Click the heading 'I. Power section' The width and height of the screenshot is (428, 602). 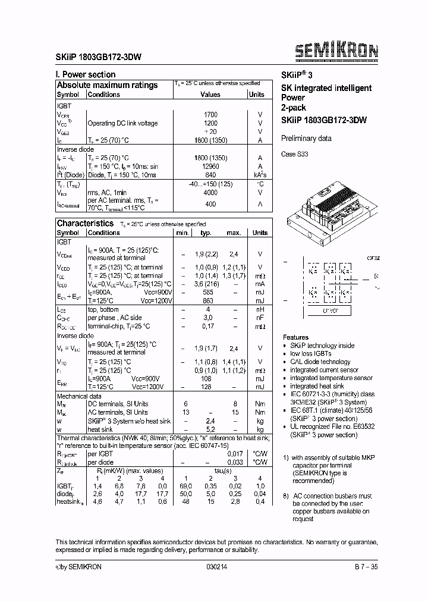[86, 74]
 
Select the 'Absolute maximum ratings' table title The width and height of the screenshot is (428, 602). [107, 85]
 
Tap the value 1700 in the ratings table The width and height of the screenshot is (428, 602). [210, 114]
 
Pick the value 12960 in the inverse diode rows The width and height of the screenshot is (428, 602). [210, 167]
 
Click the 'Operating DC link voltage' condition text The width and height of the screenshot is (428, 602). [122, 123]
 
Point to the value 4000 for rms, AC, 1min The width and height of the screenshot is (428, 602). [210, 193]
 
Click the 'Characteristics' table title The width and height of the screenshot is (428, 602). [84, 223]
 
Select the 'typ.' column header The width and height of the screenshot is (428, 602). [206, 233]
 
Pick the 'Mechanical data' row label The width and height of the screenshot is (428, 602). [78, 396]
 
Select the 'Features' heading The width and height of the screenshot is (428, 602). [295, 337]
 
